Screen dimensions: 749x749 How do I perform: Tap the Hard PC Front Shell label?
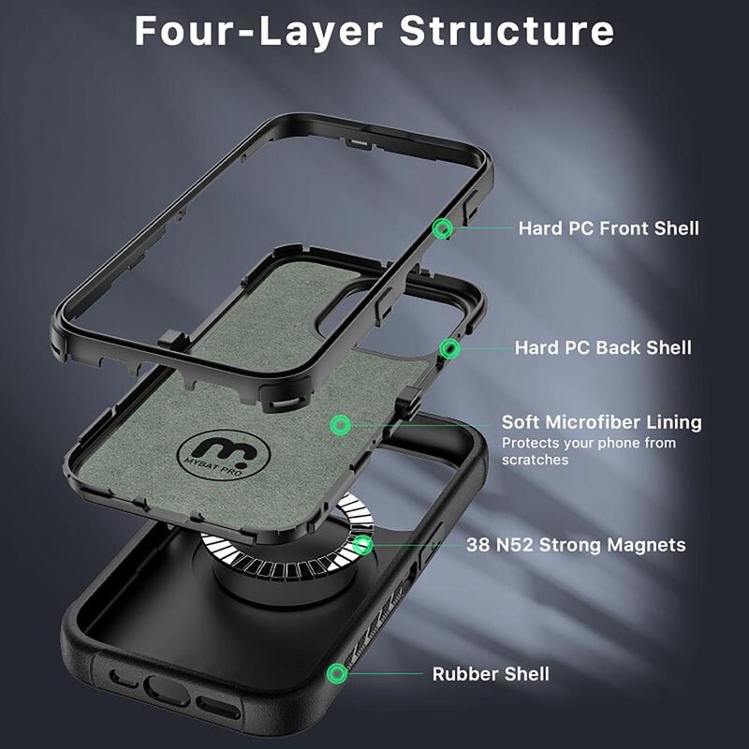click(x=609, y=228)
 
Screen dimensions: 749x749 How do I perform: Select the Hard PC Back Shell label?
click(x=603, y=348)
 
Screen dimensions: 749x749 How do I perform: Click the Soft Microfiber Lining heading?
click(x=601, y=422)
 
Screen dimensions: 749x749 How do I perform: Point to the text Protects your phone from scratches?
click(x=588, y=451)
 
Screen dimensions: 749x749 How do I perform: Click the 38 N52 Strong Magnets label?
click(x=576, y=545)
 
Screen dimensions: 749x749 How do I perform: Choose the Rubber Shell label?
click(x=491, y=673)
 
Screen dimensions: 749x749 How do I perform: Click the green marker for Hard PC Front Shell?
click(x=444, y=228)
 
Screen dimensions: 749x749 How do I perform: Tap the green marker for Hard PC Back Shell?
click(x=451, y=349)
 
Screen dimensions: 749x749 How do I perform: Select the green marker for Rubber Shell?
click(x=335, y=673)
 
